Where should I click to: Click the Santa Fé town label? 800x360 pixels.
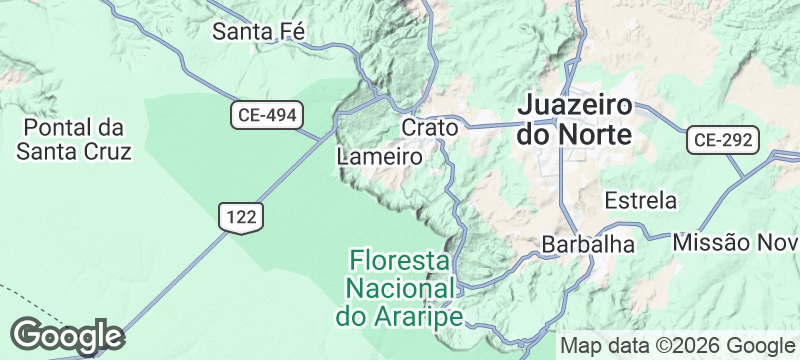(258, 32)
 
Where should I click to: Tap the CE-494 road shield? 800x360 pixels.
(267, 115)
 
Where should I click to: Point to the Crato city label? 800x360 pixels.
(430, 128)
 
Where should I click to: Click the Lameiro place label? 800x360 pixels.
(380, 157)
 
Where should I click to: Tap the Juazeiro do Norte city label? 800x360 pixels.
(575, 119)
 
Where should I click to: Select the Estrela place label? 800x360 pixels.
(641, 200)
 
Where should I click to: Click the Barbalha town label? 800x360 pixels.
(588, 244)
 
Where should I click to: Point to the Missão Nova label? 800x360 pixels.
(736, 243)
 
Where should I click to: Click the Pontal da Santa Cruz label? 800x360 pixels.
(73, 139)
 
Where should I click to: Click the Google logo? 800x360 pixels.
(66, 336)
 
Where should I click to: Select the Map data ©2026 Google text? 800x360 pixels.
(676, 346)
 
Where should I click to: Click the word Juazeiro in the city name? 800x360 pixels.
(575, 105)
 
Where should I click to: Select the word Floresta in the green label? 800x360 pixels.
(399, 261)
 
